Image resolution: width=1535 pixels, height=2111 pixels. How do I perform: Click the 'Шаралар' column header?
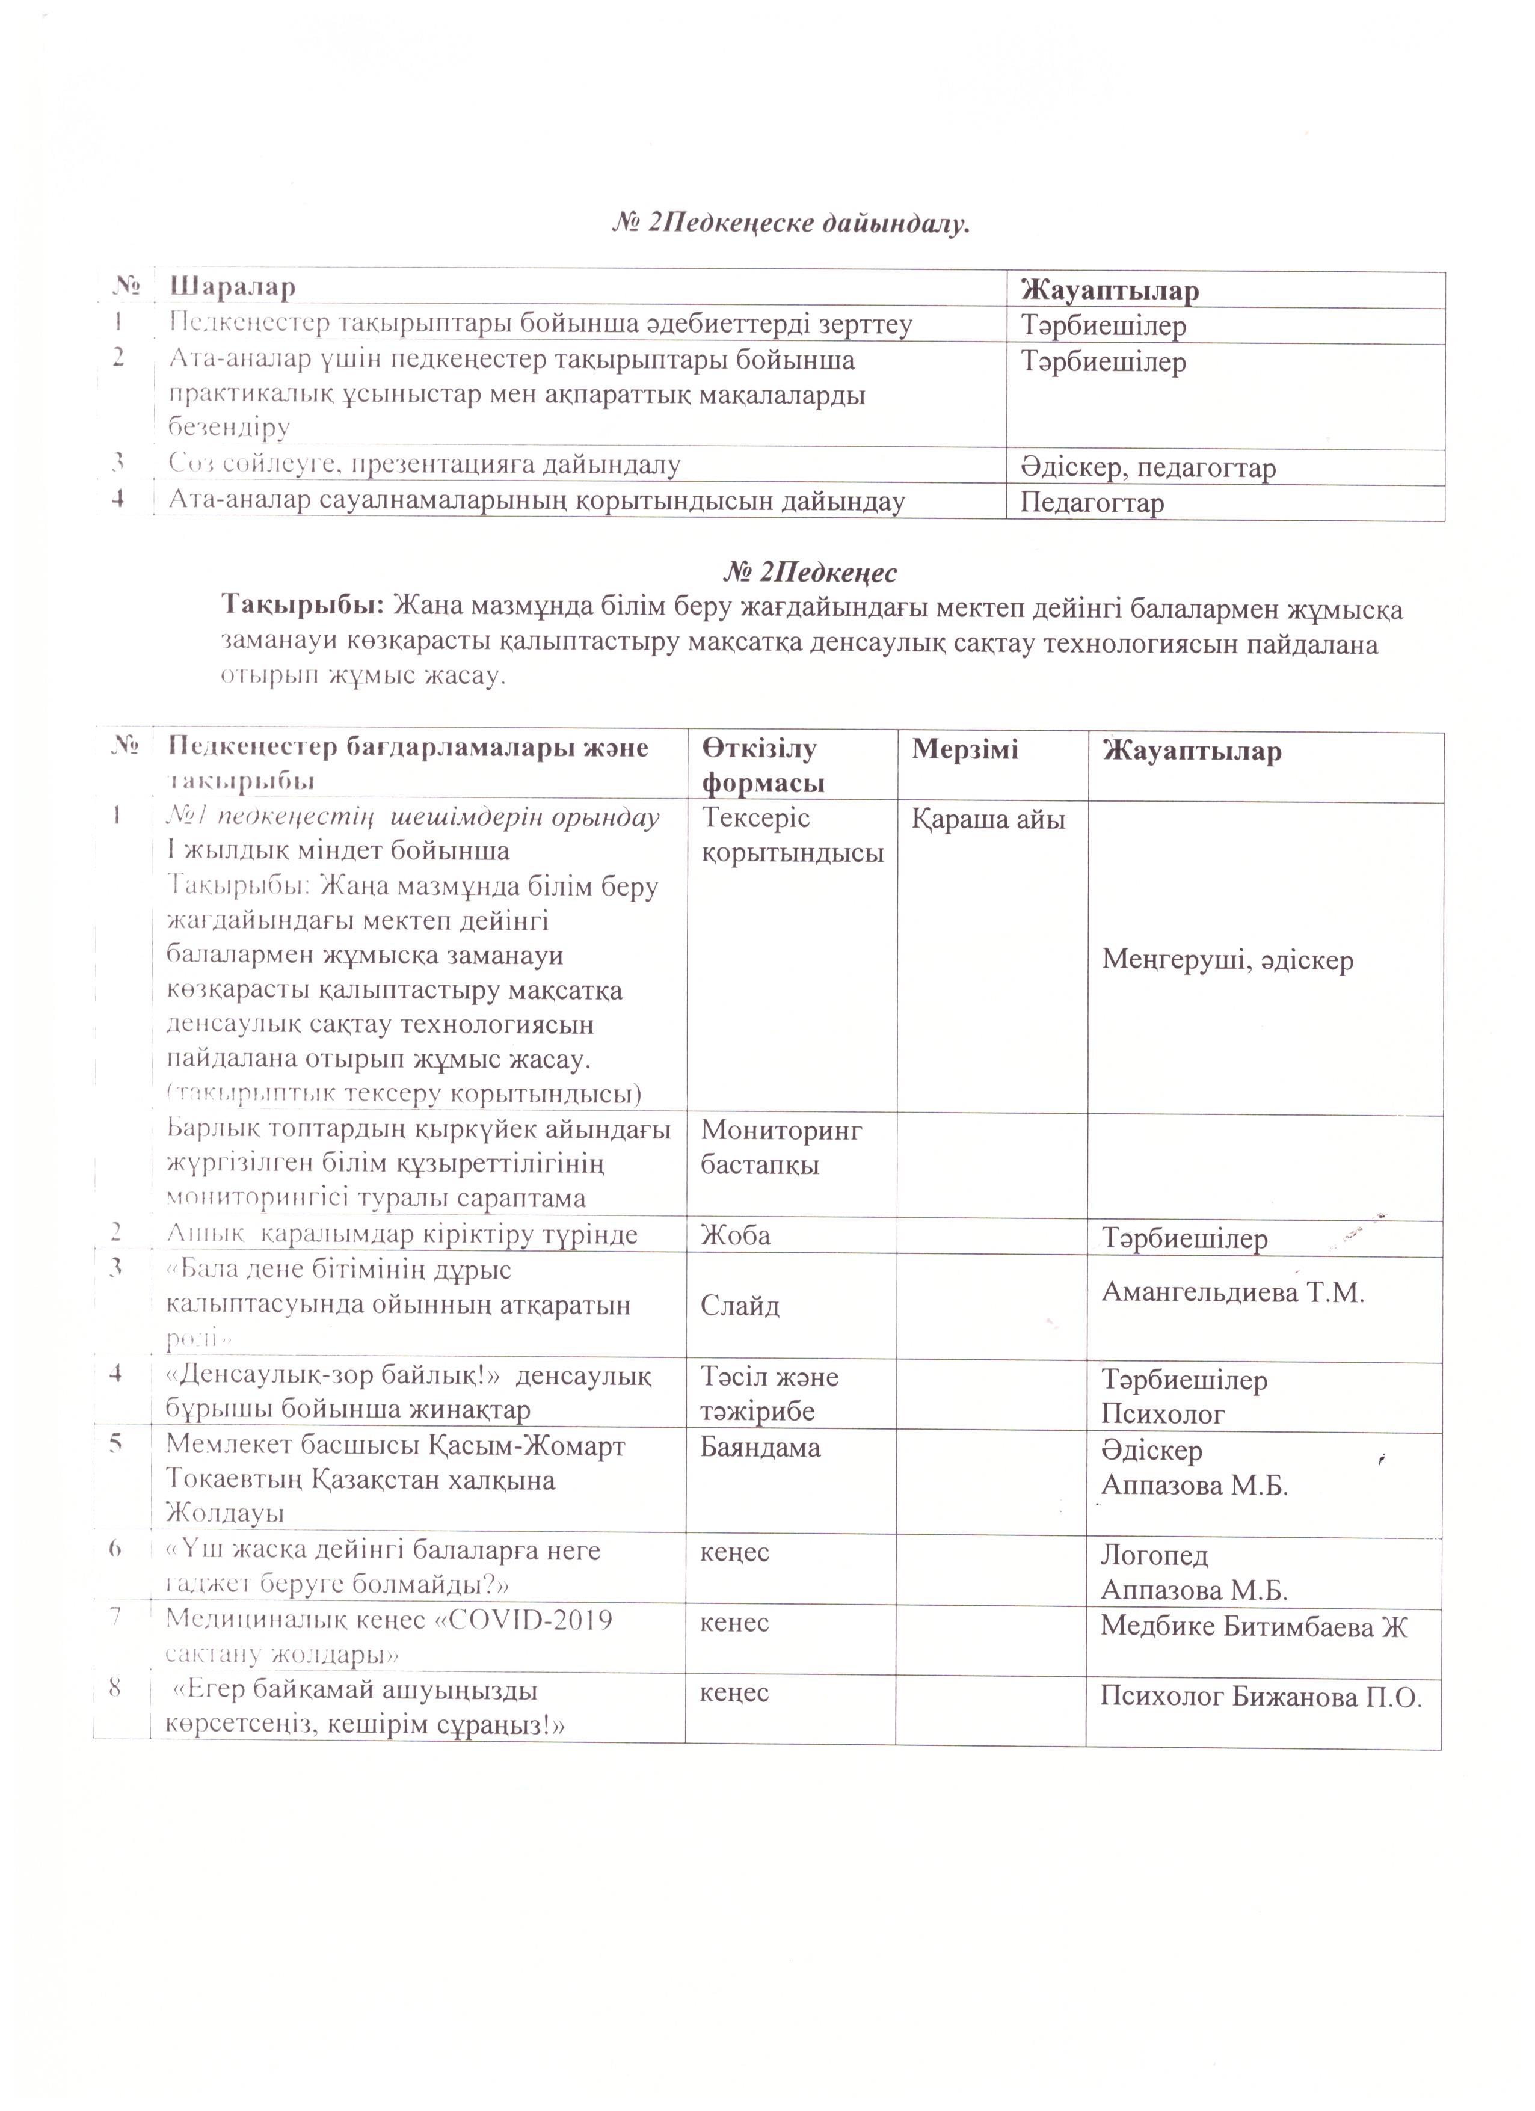(232, 287)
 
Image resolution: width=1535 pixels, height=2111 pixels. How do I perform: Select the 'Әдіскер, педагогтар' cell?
(1148, 467)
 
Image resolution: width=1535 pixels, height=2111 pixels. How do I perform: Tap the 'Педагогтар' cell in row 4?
(1092, 503)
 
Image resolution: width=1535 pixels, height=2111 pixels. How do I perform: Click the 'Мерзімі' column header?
(965, 750)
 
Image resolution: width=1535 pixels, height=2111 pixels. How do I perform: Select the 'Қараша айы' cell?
(989, 820)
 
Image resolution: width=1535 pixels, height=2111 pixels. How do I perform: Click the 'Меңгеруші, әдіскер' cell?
(1227, 960)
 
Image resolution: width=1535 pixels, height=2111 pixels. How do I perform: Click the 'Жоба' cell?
(736, 1235)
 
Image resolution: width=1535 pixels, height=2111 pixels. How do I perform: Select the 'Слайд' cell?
(740, 1305)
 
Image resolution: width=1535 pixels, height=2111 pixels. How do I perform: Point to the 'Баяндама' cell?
(760, 1448)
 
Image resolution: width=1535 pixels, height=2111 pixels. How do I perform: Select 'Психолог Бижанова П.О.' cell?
(1260, 1697)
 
